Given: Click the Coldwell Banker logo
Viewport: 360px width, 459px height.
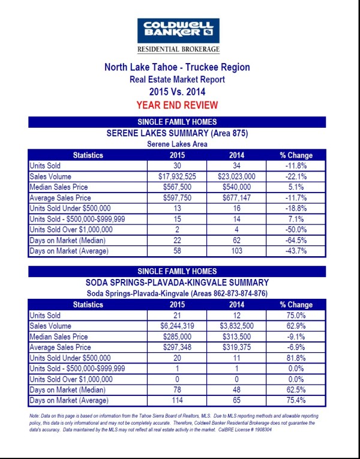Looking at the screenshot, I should tap(178, 30).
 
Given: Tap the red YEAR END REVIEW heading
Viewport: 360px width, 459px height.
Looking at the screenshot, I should tap(177, 104).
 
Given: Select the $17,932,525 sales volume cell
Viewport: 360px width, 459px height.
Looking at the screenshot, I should tap(177, 176).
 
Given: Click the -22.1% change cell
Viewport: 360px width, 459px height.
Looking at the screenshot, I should tap(296, 176).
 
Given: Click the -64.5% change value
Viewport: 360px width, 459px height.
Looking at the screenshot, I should tap(296, 241).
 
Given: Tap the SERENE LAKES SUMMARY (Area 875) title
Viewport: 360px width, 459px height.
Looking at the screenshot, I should tap(177, 133).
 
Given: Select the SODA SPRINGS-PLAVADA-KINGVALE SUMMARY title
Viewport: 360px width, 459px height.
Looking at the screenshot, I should tap(177, 281).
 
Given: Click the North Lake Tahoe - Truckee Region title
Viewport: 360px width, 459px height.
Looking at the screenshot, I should tap(177, 67).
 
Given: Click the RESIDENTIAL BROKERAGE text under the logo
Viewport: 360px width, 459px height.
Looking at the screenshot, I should tap(178, 49).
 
